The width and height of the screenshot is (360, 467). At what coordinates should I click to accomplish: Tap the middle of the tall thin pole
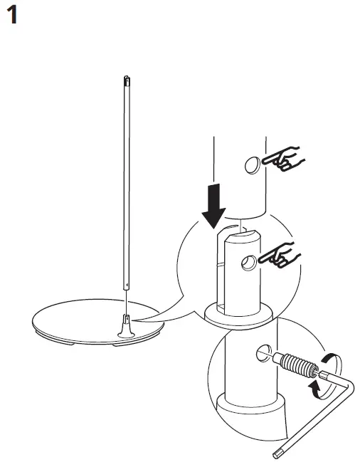tap(127, 185)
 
